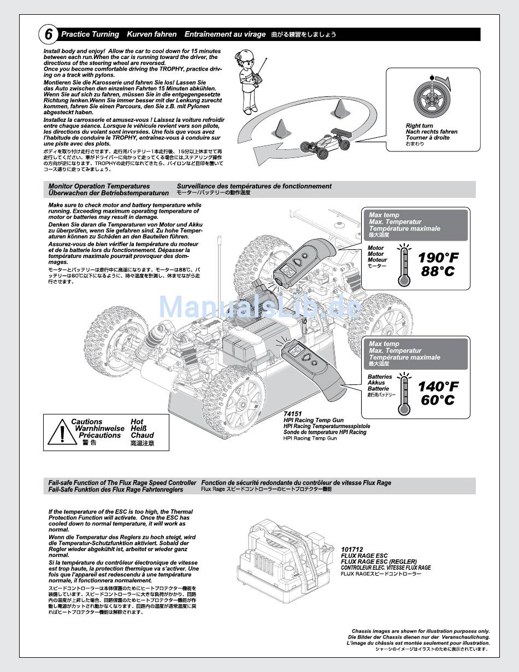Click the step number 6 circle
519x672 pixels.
click(49, 34)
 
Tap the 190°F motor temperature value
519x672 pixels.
click(438, 258)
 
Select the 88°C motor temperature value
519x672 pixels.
click(438, 271)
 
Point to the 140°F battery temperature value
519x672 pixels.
click(438, 387)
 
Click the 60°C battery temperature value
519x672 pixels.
click(438, 400)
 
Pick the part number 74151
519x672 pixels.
click(293, 414)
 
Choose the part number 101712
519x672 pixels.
click(352, 550)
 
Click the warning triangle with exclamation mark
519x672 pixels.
click(62, 433)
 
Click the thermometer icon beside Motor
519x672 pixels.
click(404, 266)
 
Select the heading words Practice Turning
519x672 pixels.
click(90, 34)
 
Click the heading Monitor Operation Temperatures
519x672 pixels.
click(99, 186)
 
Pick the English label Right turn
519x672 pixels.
click(419, 126)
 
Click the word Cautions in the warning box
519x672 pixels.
click(86, 422)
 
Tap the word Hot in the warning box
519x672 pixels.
click(137, 422)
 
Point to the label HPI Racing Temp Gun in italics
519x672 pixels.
click(314, 420)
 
